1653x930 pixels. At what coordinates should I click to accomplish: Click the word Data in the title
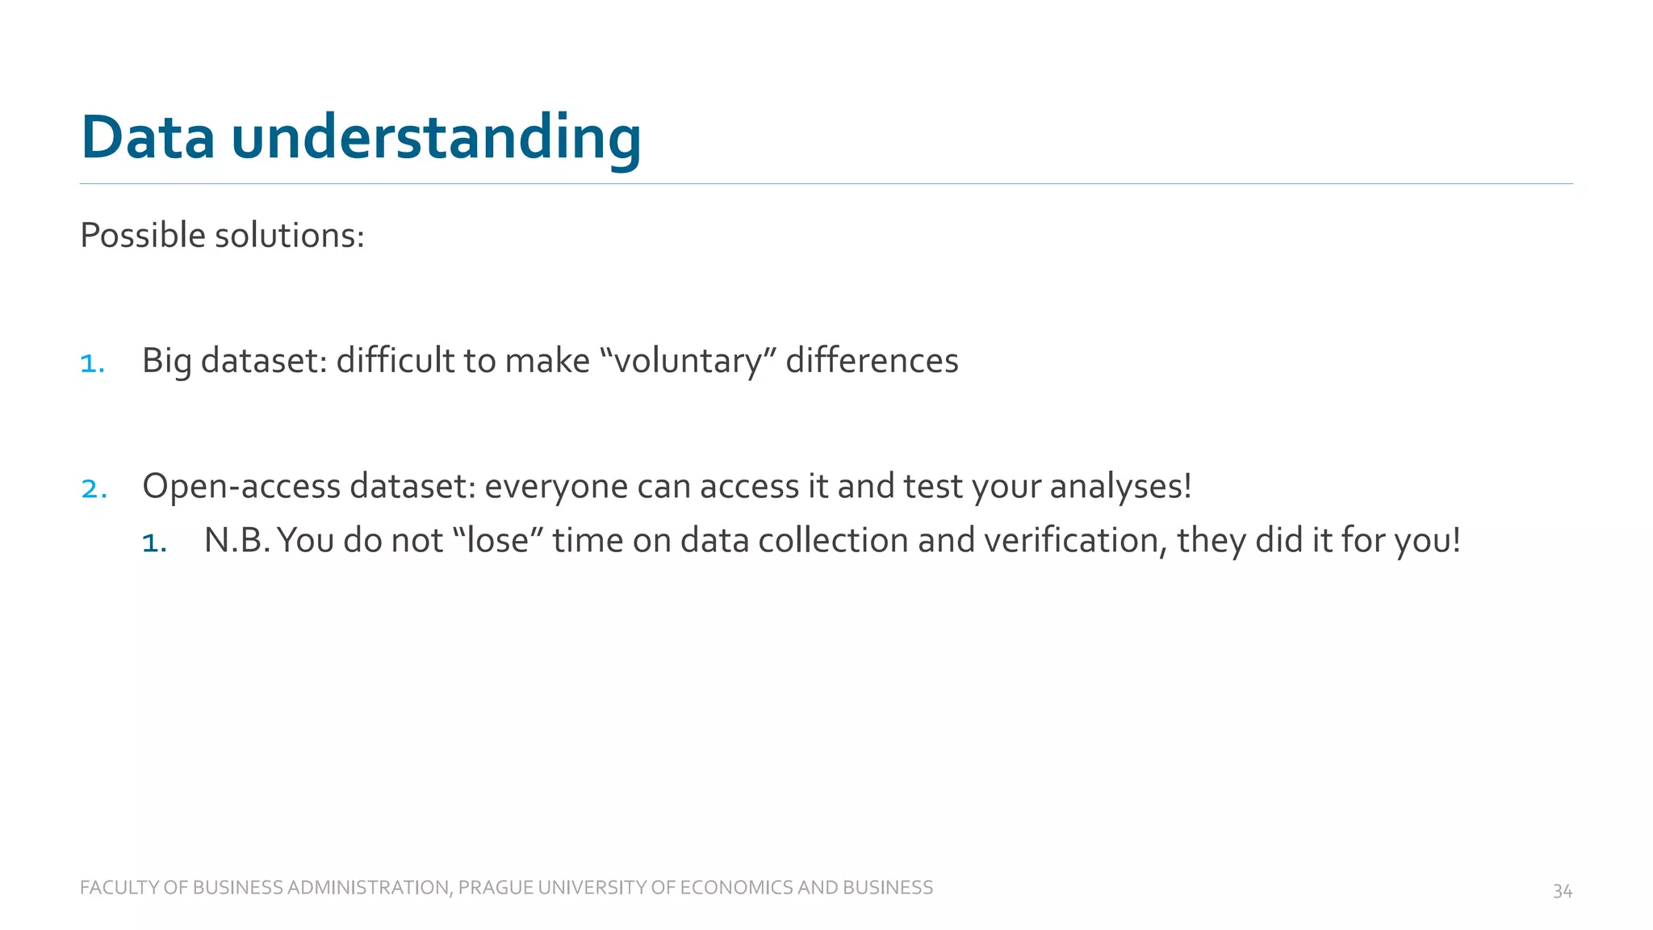pos(148,137)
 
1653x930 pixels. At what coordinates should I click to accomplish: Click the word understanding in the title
pos(436,139)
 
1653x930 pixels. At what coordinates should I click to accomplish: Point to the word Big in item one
pos(166,361)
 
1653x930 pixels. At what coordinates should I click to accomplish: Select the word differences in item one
pos(872,361)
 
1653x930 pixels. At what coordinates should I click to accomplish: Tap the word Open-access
pos(241,487)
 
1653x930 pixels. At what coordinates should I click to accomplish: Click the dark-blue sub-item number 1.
pos(153,543)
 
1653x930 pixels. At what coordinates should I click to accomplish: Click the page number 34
pos(1562,891)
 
